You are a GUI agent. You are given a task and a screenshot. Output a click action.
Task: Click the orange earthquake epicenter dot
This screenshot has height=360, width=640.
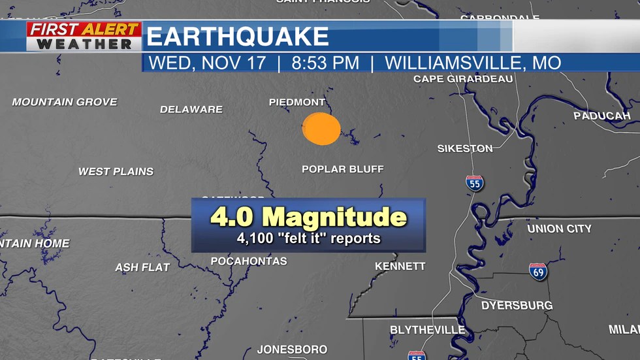click(321, 128)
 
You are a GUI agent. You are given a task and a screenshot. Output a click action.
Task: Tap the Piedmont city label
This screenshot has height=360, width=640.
click(297, 103)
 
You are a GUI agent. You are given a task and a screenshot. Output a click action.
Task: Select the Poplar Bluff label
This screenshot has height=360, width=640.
click(343, 169)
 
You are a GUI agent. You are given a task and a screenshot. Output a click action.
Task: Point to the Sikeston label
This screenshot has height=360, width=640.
click(465, 149)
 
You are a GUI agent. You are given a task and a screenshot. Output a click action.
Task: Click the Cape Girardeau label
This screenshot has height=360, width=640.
click(463, 79)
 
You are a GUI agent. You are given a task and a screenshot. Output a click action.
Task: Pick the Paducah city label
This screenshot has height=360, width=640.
click(601, 116)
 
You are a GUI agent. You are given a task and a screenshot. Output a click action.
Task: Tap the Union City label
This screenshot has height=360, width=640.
click(559, 229)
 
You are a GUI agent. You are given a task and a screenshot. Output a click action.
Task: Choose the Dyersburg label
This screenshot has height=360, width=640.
click(517, 305)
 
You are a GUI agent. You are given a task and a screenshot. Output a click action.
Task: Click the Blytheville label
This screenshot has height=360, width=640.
click(427, 330)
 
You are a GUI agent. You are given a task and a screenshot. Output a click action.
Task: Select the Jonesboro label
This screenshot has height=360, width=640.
click(292, 350)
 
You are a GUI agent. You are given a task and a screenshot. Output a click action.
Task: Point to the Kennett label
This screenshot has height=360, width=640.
click(400, 267)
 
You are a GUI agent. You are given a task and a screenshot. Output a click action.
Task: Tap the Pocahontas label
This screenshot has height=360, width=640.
click(249, 261)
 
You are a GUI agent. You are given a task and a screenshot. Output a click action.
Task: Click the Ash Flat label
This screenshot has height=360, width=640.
click(142, 268)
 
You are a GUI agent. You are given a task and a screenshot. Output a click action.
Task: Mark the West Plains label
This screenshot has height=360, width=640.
click(116, 172)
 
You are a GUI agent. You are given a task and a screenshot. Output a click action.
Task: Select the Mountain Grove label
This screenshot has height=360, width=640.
click(65, 102)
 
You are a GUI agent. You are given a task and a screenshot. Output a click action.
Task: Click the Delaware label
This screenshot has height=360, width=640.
click(191, 110)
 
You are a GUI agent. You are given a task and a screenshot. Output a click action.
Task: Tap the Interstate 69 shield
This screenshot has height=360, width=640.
click(538, 271)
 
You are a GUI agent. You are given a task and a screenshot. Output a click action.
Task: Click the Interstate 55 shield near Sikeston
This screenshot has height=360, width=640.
click(475, 183)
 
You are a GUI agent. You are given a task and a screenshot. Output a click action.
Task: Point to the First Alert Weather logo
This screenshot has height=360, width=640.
click(84, 37)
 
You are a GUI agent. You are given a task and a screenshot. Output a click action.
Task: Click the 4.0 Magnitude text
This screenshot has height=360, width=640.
click(308, 218)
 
